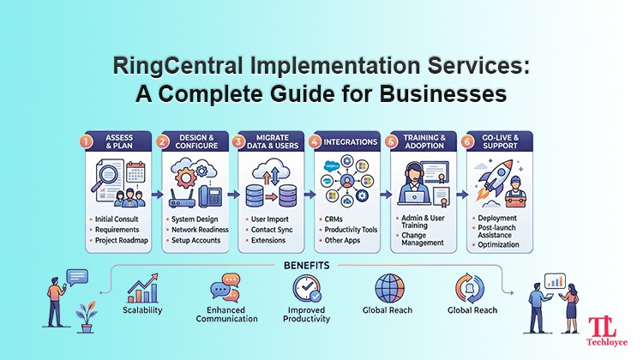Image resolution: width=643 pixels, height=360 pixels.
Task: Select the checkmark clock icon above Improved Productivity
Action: click(x=306, y=288)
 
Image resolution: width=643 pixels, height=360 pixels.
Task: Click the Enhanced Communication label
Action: click(x=226, y=315)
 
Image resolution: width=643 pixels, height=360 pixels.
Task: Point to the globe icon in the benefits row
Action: click(x=389, y=289)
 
